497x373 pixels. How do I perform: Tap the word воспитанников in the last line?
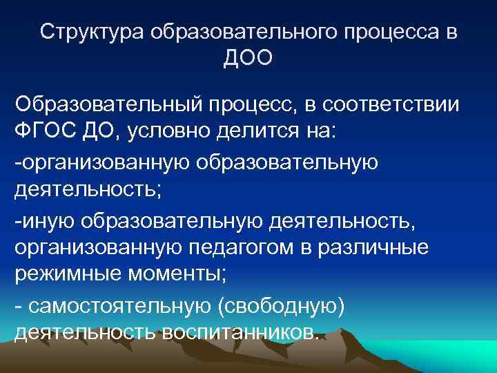pyautogui.click(x=240, y=332)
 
